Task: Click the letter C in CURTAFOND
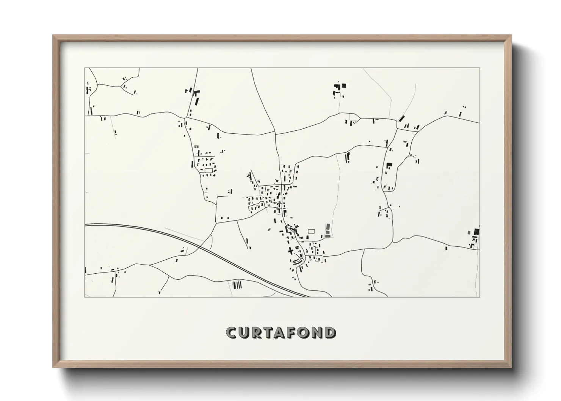[x=232, y=333]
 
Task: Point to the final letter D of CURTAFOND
[x=330, y=333]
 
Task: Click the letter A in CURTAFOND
[x=280, y=333]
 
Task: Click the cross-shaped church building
[x=291, y=251]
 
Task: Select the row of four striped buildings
[x=237, y=284]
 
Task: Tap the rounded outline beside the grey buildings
[x=312, y=231]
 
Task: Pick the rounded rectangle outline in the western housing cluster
[x=208, y=171]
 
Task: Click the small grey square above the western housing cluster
[x=196, y=147]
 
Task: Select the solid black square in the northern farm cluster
[x=344, y=86]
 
